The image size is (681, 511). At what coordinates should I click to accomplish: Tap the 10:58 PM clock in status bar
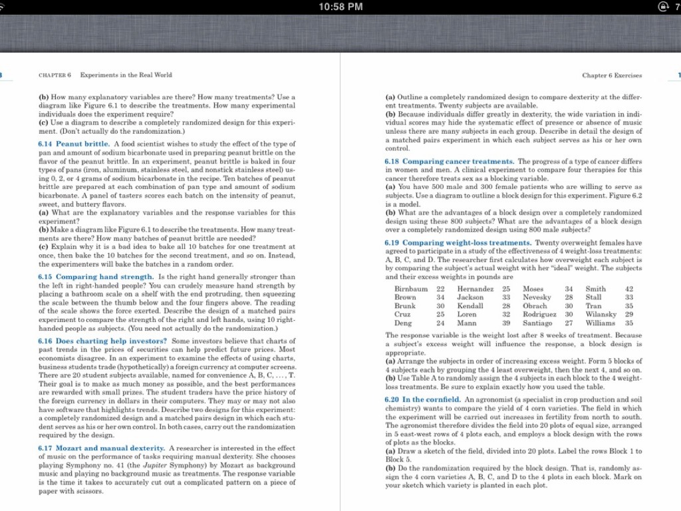[340, 7]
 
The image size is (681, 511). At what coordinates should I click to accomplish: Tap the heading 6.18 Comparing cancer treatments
[449, 162]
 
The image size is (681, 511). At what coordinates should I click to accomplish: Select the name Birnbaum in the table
[411, 289]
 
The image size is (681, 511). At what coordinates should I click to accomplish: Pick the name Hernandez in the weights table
[476, 289]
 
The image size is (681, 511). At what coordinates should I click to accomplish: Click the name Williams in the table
[602, 323]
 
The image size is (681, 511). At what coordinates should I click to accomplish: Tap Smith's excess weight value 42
[629, 289]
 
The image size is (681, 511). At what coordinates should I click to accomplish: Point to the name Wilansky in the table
[602, 314]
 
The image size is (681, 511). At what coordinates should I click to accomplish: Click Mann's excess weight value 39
[506, 323]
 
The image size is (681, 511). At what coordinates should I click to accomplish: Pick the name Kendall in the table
[470, 306]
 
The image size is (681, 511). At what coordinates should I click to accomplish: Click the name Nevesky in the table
[537, 297]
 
